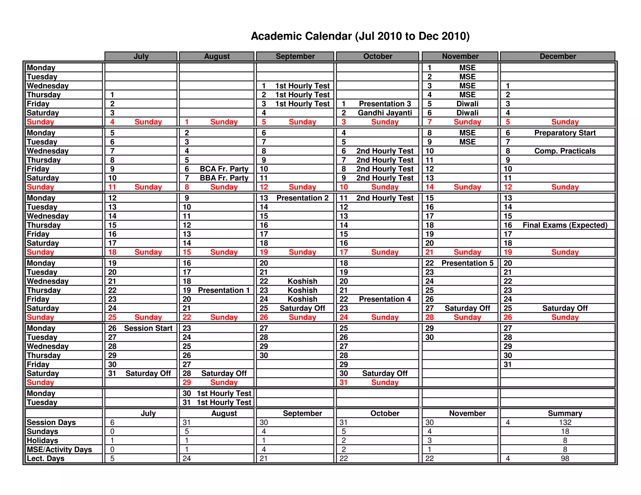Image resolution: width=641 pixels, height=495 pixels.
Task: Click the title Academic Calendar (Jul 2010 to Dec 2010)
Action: (x=360, y=36)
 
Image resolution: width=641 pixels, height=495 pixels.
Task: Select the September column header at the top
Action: (x=295, y=56)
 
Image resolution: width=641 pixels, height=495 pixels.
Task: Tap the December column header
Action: (x=558, y=56)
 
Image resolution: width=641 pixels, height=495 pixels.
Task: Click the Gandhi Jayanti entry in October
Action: (x=385, y=113)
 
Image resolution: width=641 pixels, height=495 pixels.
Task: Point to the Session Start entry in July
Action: (x=148, y=328)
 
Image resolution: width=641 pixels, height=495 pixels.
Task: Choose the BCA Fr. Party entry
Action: (x=224, y=169)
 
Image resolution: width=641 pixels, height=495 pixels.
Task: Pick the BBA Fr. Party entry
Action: (x=224, y=178)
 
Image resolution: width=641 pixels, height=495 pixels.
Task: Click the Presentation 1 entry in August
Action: (x=224, y=290)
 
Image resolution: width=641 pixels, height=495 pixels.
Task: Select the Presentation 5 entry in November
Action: (x=467, y=263)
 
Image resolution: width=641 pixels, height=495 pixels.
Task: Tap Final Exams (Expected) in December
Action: (x=565, y=225)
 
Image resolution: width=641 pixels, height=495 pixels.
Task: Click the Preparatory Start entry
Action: (x=565, y=133)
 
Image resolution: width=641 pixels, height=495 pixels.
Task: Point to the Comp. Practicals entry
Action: (x=565, y=151)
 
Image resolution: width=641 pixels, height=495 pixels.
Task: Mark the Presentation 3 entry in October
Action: (x=385, y=104)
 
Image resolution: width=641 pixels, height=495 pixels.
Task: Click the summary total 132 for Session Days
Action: (x=565, y=422)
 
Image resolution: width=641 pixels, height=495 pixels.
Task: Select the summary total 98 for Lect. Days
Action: (x=565, y=459)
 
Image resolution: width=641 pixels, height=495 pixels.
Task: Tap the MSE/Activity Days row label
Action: (x=59, y=450)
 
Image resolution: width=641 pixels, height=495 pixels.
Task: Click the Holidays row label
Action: (x=43, y=441)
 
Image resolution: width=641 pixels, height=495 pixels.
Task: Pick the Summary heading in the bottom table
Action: (x=565, y=413)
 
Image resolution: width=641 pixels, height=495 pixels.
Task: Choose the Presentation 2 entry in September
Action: (x=302, y=198)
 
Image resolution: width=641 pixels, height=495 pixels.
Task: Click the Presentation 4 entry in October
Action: (x=385, y=299)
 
